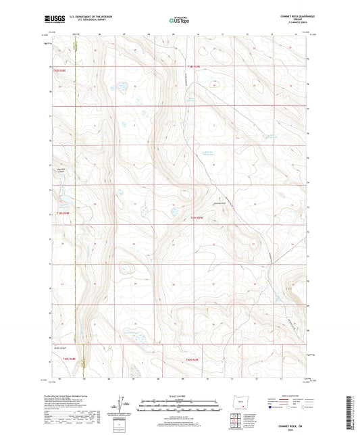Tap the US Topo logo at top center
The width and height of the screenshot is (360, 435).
[x=179, y=21]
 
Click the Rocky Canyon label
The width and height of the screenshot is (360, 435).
[x=61, y=347]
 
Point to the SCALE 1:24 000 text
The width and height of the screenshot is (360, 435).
[x=180, y=395]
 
